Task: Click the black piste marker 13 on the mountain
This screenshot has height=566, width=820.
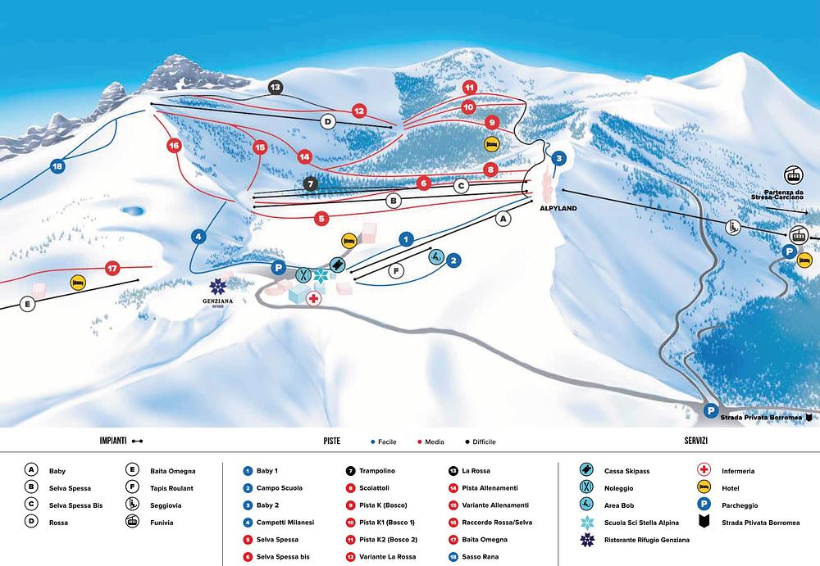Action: (275, 88)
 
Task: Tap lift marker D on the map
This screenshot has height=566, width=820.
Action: (328, 122)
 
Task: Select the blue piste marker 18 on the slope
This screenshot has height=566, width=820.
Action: (57, 167)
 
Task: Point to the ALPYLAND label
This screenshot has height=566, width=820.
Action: (558, 208)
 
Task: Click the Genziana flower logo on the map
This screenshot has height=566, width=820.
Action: (217, 287)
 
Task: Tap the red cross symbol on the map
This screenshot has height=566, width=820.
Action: (312, 298)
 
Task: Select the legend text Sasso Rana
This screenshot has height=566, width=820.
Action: (480, 557)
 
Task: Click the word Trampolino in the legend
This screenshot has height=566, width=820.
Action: (377, 471)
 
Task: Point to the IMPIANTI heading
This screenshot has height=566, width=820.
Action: (113, 441)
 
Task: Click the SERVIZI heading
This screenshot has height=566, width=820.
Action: (695, 441)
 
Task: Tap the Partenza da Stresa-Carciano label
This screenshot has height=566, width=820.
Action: (777, 194)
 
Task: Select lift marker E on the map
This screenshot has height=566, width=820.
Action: (27, 304)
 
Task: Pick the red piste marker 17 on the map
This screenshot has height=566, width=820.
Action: (112, 269)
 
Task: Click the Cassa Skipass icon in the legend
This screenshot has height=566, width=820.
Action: (587, 469)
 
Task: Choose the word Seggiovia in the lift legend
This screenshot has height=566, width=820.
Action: (166, 505)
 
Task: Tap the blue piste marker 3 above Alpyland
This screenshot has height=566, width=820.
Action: (559, 158)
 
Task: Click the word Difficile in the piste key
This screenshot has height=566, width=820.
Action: (485, 441)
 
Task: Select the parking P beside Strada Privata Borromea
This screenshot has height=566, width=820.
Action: (711, 411)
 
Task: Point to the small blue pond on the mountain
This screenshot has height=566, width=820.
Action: (132, 211)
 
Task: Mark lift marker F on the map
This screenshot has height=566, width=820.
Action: (396, 271)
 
